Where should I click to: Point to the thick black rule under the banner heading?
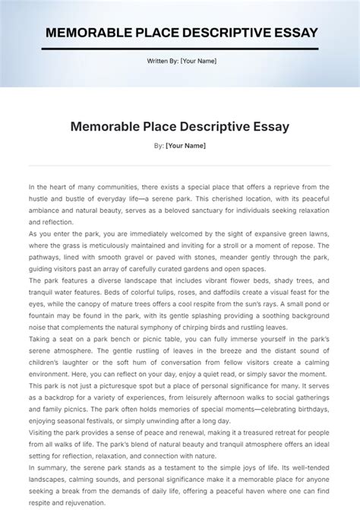180,49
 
